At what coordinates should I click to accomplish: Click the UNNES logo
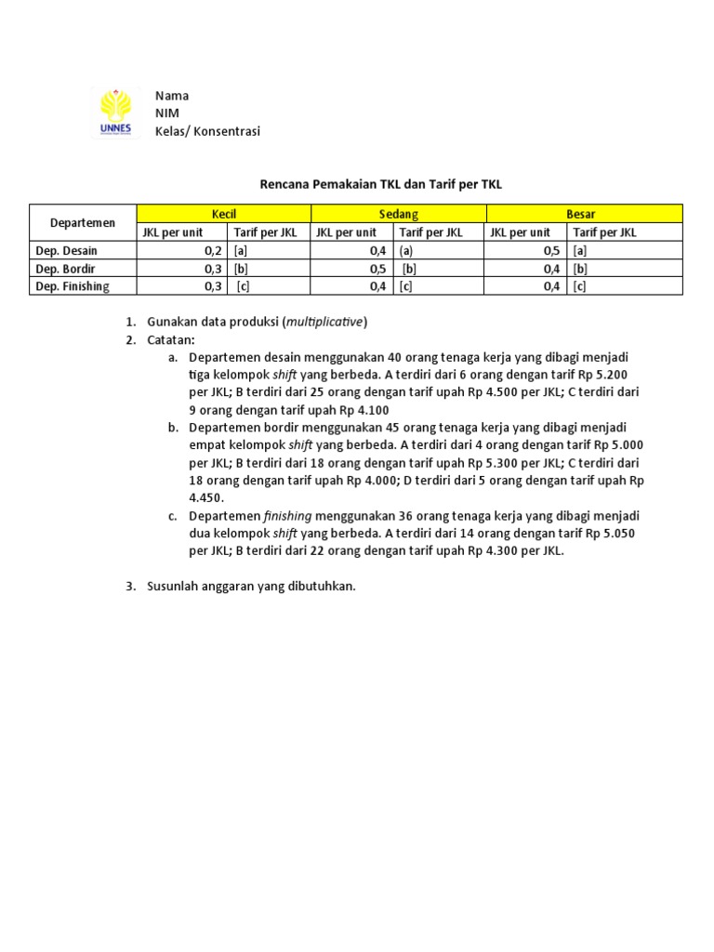[x=116, y=112]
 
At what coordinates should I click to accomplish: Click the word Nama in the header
[x=172, y=96]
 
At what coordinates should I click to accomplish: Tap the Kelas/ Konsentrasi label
[x=207, y=131]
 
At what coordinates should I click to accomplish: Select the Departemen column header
[x=83, y=223]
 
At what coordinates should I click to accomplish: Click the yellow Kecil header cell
[x=224, y=214]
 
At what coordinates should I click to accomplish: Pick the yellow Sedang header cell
[x=398, y=214]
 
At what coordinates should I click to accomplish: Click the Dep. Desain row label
[x=66, y=251]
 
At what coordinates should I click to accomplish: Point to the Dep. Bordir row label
[x=65, y=269]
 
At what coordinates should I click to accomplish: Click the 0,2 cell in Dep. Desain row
[x=213, y=251]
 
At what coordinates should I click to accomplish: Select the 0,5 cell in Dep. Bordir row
[x=377, y=269]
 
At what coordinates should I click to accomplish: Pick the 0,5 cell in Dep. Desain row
[x=551, y=251]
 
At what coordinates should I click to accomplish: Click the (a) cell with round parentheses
[x=406, y=251]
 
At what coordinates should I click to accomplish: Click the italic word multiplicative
[x=324, y=322]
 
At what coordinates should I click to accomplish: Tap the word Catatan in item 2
[x=170, y=339]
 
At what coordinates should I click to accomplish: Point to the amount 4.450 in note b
[x=205, y=497]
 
